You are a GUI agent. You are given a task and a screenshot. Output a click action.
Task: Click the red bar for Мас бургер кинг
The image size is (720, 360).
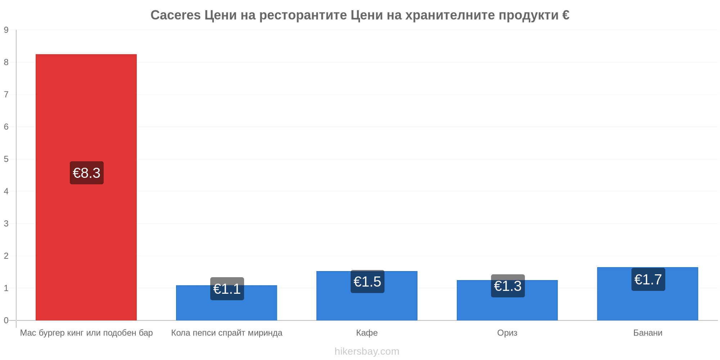86,187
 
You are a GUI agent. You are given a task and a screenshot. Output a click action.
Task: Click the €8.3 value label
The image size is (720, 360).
87,173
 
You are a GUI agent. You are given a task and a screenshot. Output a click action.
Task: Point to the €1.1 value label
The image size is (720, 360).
227,289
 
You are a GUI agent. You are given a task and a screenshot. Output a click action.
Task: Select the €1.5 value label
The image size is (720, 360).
368,282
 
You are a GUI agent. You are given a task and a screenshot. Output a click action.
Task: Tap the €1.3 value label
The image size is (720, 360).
508,286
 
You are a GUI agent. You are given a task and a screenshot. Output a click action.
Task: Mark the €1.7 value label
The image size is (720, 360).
648,279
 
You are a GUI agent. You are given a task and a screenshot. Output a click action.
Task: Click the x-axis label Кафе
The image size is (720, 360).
367,333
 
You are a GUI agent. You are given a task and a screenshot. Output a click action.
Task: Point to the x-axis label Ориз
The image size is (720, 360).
507,333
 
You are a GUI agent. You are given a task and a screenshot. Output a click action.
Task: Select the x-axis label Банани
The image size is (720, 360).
648,333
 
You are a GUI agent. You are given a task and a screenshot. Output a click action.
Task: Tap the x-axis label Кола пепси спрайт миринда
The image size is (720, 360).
227,333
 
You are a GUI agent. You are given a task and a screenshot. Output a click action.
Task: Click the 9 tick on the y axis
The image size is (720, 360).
6,30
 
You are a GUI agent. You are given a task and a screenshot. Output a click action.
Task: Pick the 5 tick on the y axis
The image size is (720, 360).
6,159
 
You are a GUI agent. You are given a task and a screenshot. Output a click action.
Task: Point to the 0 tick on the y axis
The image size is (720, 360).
6,320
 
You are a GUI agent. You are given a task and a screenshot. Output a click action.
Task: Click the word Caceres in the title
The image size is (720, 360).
176,15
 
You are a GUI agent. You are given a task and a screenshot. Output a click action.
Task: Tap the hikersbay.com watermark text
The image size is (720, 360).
367,351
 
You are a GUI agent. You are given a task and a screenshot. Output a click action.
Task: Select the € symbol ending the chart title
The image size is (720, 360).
566,15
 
